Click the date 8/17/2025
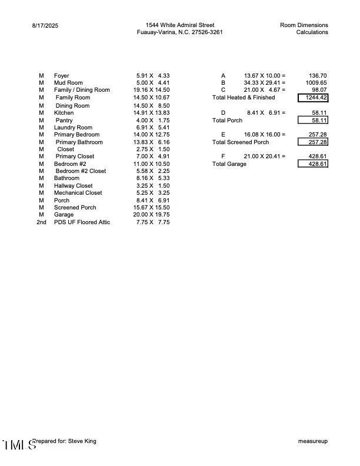pos(45,25)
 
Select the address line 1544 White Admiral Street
pos(180,25)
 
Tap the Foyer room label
pos(62,76)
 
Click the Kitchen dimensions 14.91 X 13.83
pos(151,112)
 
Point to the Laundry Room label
pos(73,127)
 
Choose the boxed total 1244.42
pos(313,98)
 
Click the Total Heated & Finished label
pos(243,98)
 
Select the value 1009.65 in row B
pos(315,83)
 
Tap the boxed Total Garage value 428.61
pos(313,164)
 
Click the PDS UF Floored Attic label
pos(82,222)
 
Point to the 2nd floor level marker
pos(41,222)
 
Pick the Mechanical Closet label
pos(78,192)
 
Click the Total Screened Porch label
pos(241,142)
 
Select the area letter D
pos(223,112)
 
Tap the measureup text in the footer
pos(313,441)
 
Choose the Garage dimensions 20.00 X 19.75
pos(151,215)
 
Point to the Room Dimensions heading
pos(304,25)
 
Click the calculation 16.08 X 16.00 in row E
pos(265,135)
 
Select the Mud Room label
pos(68,83)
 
